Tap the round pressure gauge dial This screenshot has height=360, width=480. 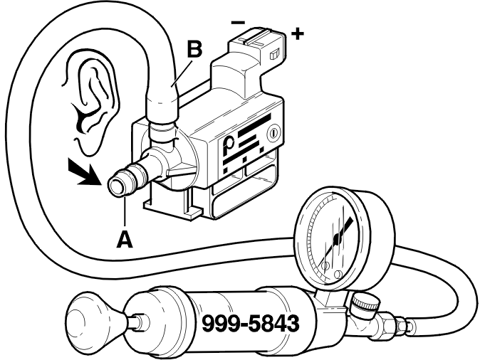[x=341, y=234]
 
